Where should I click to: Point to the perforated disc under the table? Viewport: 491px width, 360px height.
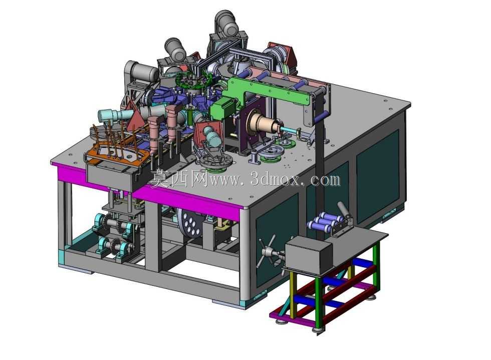190,225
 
